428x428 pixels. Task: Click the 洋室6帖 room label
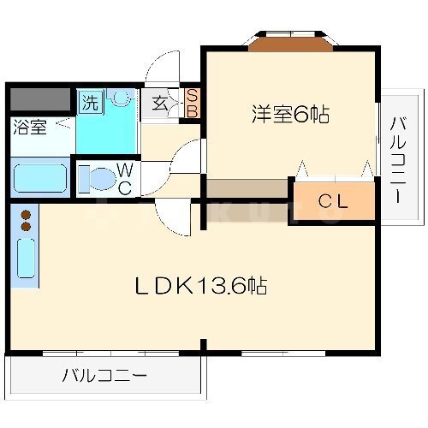click(290, 114)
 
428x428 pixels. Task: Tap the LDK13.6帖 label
click(201, 285)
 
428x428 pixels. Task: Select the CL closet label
click(333, 201)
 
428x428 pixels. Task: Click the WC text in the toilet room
click(125, 179)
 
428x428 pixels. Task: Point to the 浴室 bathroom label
click(30, 127)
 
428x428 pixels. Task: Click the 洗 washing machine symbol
click(91, 102)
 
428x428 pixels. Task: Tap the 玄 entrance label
click(159, 104)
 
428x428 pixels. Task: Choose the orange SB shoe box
click(192, 104)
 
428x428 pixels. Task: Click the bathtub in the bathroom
click(40, 178)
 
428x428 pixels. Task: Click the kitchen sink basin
click(26, 259)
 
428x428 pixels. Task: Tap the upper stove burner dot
click(26, 214)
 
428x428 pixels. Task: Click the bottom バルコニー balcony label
click(104, 376)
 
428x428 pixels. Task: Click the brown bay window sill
click(291, 45)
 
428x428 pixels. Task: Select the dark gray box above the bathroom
click(40, 99)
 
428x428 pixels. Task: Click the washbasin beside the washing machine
click(120, 97)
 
